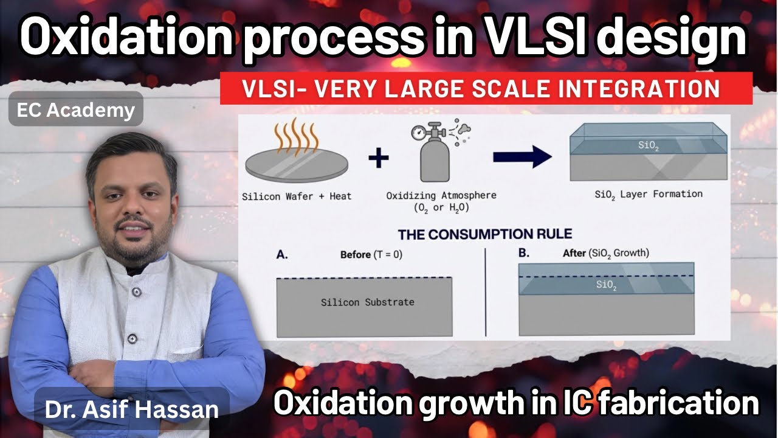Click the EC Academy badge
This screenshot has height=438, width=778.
pyautogui.click(x=76, y=110)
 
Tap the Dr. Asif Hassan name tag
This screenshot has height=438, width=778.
pyautogui.click(x=131, y=408)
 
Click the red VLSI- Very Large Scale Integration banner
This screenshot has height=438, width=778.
pyautogui.click(x=486, y=89)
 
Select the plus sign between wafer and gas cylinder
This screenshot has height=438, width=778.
pyautogui.click(x=378, y=159)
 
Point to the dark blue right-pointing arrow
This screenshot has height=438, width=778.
pyautogui.click(x=522, y=157)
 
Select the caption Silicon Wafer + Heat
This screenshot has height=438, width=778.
pyautogui.click(x=297, y=196)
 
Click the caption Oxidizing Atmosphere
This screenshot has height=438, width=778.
pyautogui.click(x=441, y=195)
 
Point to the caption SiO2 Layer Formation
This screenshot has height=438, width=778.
pyautogui.click(x=649, y=195)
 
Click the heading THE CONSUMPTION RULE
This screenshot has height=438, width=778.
pyautogui.click(x=485, y=234)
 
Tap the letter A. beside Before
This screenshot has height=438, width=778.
pyautogui.click(x=282, y=255)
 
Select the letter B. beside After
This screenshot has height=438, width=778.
pyautogui.click(x=524, y=253)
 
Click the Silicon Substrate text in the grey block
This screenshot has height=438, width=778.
pyautogui.click(x=367, y=302)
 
